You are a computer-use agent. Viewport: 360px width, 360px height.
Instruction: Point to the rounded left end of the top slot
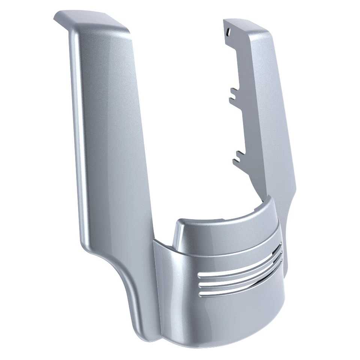[199, 274]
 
